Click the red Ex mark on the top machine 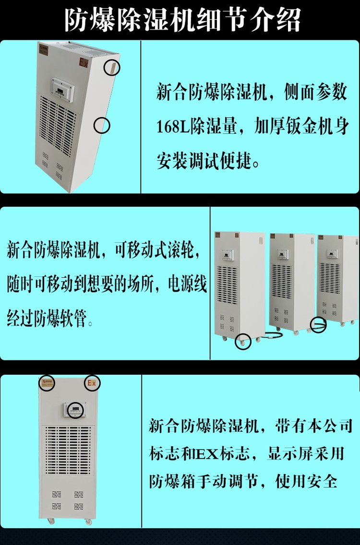tap(84, 63)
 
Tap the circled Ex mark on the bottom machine tap(92, 383)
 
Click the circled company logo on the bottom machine tap(47, 382)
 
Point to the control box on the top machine tap(62, 89)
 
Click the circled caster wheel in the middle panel tap(242, 341)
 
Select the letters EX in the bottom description tap(208, 453)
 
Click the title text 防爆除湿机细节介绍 tap(182, 20)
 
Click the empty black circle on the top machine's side tap(102, 125)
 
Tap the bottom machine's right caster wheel tap(88, 521)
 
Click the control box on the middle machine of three tap(282, 254)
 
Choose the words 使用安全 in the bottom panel tap(306, 481)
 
